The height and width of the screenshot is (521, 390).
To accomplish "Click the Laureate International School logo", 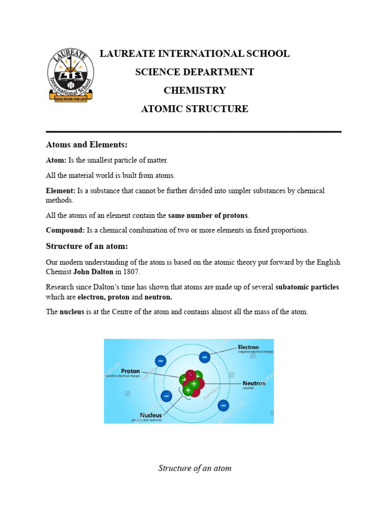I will point(70,75).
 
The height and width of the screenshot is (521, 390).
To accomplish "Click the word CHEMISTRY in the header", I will point(194,91).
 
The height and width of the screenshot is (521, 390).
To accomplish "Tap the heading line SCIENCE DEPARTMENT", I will point(194,72).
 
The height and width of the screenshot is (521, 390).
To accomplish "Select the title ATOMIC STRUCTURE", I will point(194,109).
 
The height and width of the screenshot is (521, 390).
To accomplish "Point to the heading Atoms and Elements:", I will point(87,145).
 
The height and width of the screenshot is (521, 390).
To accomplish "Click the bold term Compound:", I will point(66,230).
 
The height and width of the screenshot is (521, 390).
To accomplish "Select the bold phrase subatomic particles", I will point(307,287).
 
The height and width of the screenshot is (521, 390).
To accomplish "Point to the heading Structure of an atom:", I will point(87,246).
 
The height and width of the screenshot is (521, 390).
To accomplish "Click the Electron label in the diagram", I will point(248,348).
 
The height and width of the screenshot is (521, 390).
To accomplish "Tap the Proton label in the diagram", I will point(130,371).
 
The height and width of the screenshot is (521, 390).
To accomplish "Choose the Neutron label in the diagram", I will point(253,383).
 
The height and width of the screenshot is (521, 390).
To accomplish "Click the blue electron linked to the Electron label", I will point(205,357).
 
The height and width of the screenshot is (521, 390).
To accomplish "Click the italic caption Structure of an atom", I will point(194,468).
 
